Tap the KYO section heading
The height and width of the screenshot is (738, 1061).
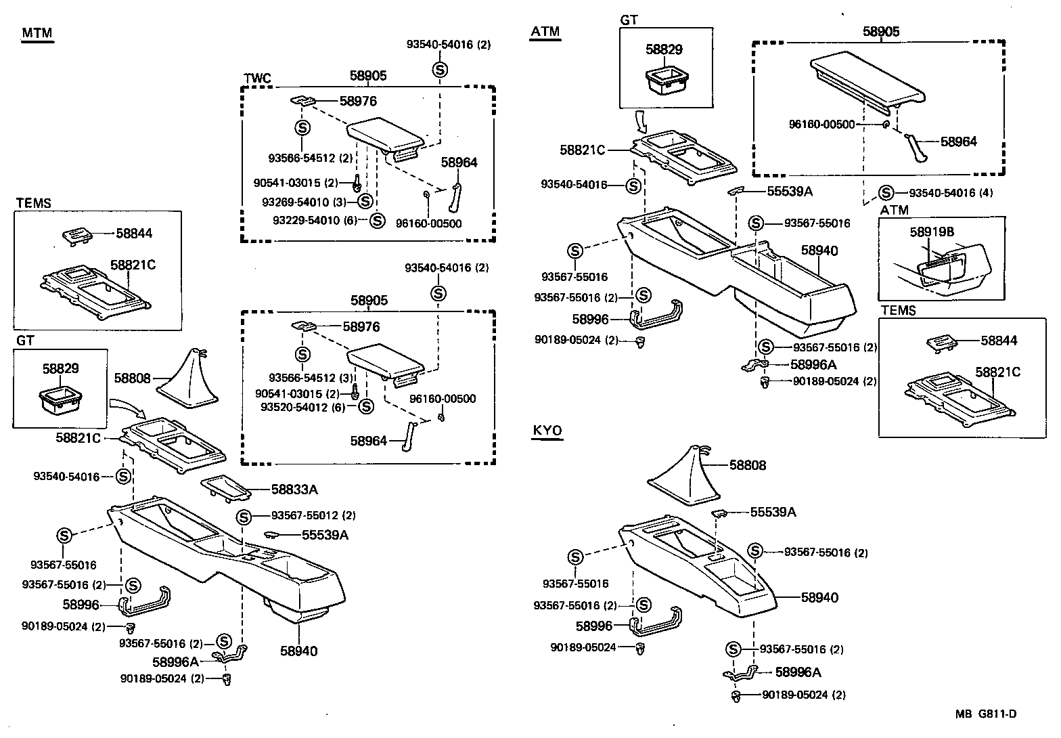(x=547, y=431)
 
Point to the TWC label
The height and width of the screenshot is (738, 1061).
(x=257, y=79)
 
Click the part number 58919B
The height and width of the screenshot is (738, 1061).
(x=932, y=232)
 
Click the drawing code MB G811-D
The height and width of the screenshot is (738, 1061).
(x=986, y=714)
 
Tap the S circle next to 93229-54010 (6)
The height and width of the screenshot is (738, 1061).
(x=377, y=221)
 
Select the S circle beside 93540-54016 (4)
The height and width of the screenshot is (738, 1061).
(x=886, y=193)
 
